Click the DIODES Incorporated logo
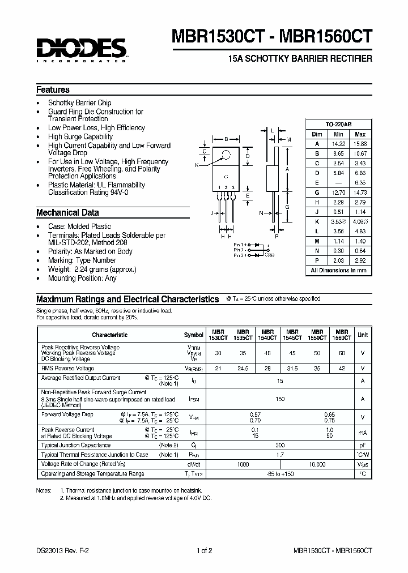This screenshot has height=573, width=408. (82, 50)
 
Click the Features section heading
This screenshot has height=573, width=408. (53, 90)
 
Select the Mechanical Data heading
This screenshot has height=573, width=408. (67, 213)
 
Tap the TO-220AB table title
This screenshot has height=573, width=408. (338, 124)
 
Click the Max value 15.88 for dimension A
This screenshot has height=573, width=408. (359, 144)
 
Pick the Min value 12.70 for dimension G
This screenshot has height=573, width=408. (338, 193)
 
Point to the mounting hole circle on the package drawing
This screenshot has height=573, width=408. (226, 155)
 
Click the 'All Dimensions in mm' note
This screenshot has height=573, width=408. (338, 271)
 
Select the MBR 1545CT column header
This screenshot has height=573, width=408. (292, 335)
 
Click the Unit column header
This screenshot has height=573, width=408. (362, 335)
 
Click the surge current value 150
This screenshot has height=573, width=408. (279, 399)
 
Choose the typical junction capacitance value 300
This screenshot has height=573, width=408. (279, 446)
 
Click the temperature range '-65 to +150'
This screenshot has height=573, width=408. (279, 474)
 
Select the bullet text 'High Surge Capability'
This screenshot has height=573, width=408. (80, 136)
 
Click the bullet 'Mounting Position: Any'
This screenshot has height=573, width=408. (82, 278)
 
